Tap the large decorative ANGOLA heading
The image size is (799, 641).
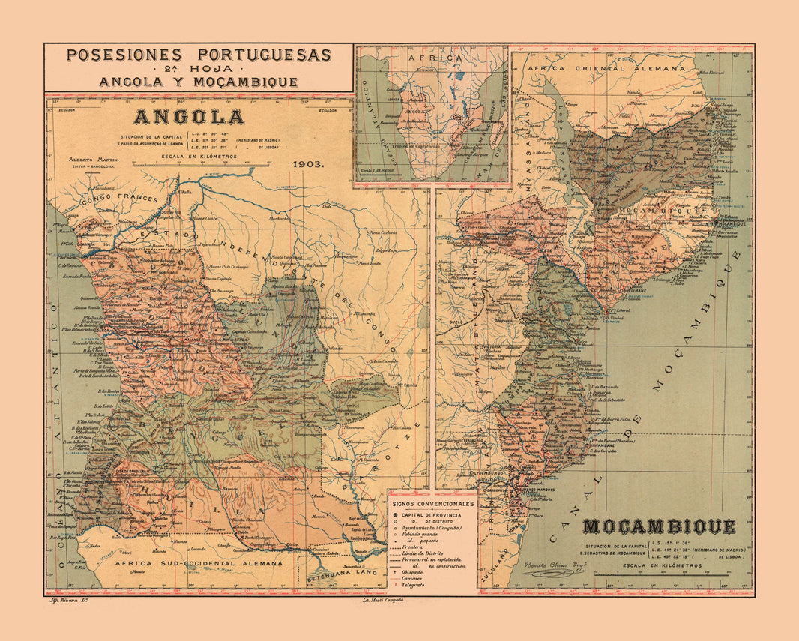click(x=189, y=118)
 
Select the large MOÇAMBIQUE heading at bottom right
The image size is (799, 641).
click(x=659, y=526)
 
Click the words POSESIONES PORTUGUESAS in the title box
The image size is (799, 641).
click(x=199, y=55)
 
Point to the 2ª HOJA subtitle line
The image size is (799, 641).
click(x=199, y=69)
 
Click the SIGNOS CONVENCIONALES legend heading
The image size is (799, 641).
click(x=432, y=504)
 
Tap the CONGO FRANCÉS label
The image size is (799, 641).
click(x=120, y=199)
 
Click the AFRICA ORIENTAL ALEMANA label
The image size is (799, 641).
click(x=606, y=67)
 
